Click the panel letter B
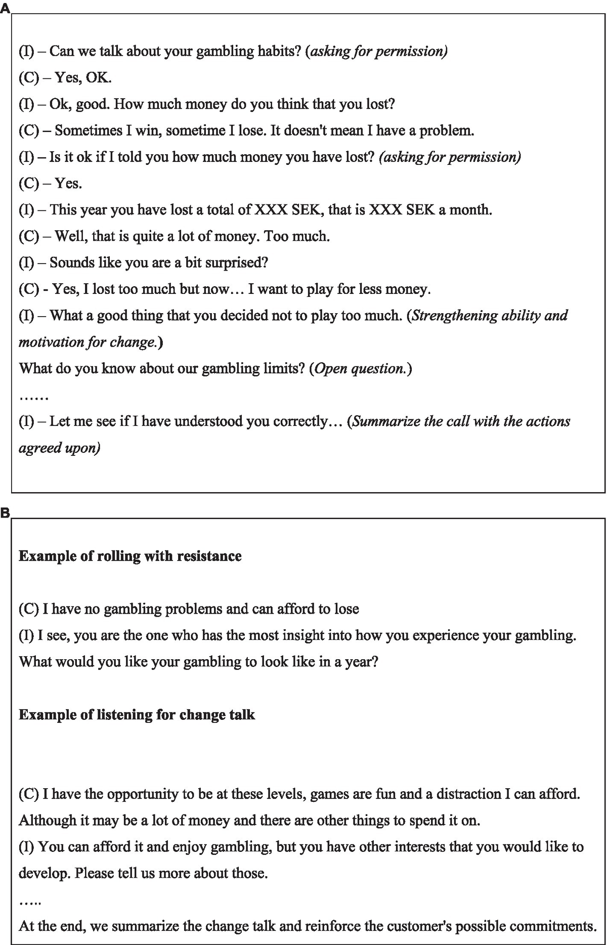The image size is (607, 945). point(5,513)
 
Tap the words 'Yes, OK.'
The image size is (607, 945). point(83,78)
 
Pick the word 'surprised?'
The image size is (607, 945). point(237,263)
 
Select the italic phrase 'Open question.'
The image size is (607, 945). point(360,369)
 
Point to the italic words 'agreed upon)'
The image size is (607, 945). point(60,448)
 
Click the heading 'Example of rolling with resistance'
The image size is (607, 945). point(130,556)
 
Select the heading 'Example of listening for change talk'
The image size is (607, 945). point(137,715)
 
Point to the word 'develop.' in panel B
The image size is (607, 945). point(45,874)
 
